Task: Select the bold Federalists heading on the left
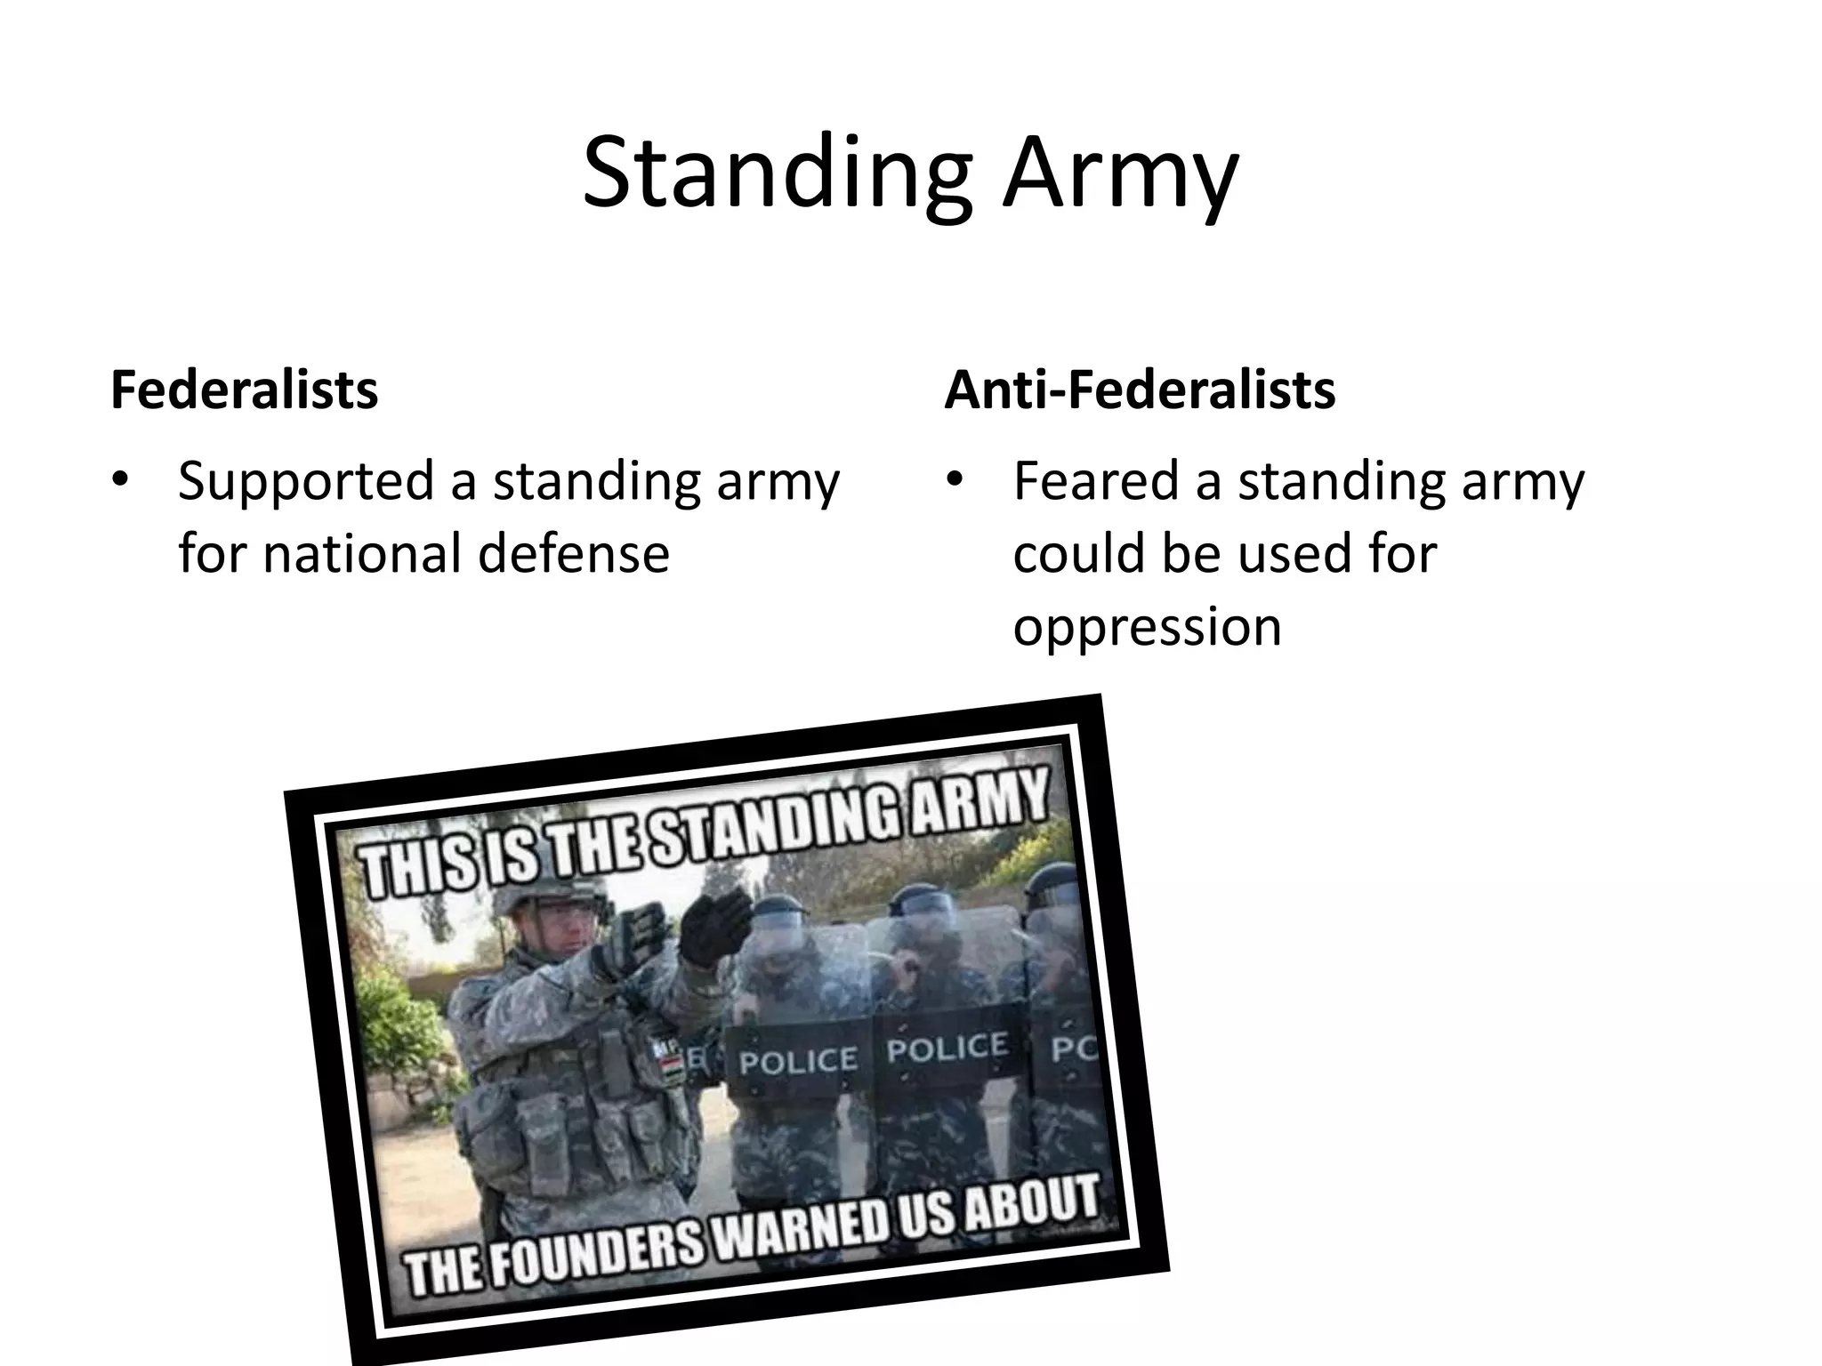point(245,390)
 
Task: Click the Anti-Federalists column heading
point(1140,390)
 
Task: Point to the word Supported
point(302,482)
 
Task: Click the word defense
point(573,553)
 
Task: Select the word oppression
point(1147,626)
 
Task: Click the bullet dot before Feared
point(955,481)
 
